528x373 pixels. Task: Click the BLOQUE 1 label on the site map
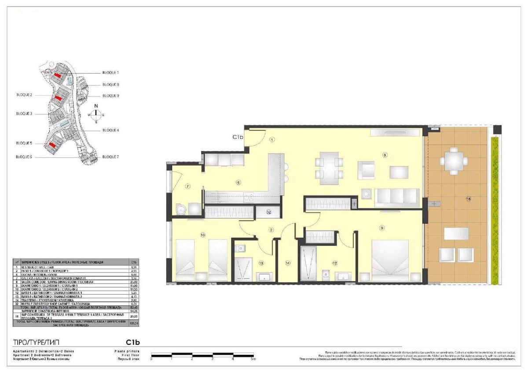tap(110, 72)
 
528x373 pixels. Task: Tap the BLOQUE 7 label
tap(110, 157)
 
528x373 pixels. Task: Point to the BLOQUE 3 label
tap(24, 113)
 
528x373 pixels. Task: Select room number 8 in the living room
tap(385, 155)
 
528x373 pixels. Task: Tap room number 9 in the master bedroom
tap(382, 228)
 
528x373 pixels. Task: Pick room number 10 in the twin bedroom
tap(202, 235)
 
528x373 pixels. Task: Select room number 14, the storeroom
tap(288, 263)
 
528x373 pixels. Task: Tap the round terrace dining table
tap(454, 161)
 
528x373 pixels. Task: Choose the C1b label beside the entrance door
tap(238, 137)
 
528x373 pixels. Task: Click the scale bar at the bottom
tap(202, 355)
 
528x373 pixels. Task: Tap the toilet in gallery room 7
tap(178, 209)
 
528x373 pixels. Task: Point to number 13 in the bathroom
tap(261, 263)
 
